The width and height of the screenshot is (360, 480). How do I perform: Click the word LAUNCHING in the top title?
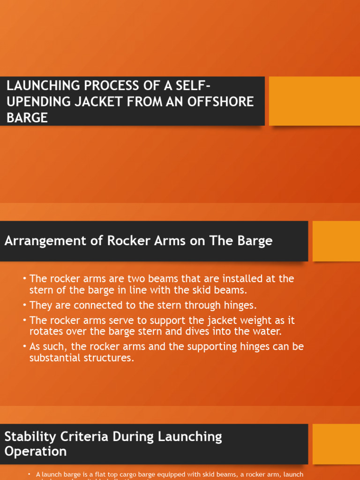(38, 86)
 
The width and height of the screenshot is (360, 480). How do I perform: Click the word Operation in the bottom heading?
(35, 451)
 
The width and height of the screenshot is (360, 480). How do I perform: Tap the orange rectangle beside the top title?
(314, 101)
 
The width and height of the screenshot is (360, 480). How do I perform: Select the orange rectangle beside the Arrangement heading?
(336, 241)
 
